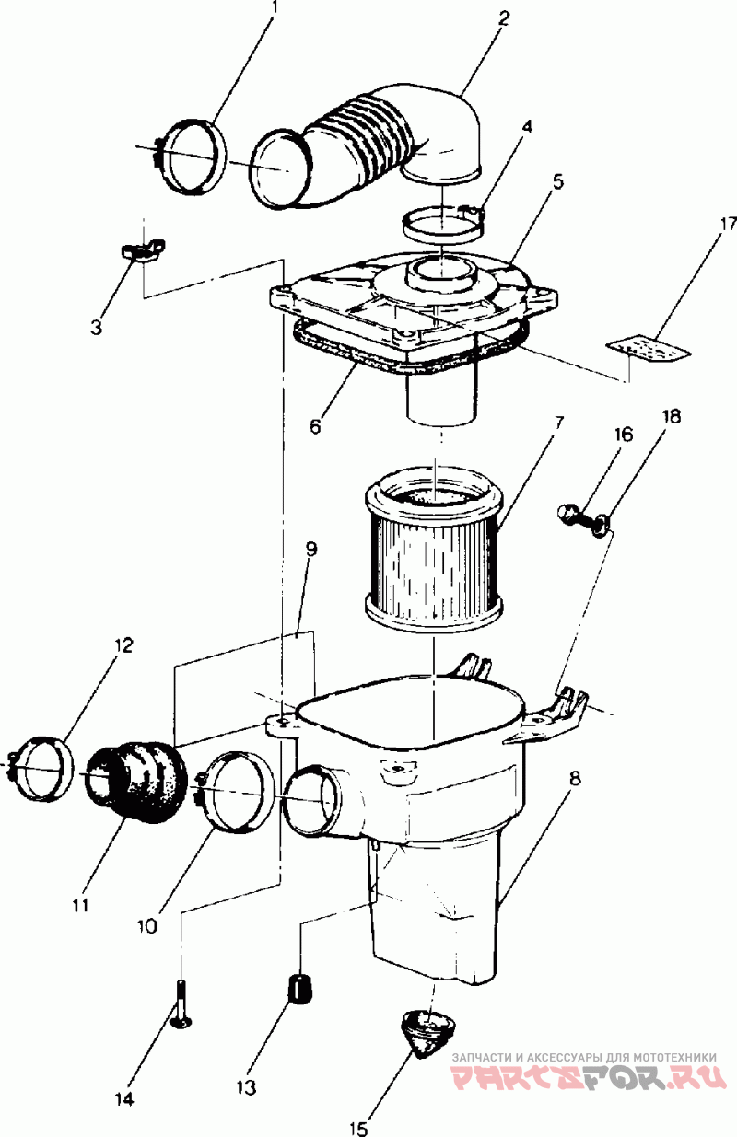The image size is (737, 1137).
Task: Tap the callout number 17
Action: [x=728, y=224]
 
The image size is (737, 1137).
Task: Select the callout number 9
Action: [x=311, y=550]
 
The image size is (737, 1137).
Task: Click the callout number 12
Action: [x=123, y=645]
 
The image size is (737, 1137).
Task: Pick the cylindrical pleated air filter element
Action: [x=433, y=552]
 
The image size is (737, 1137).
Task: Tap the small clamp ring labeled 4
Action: [x=444, y=222]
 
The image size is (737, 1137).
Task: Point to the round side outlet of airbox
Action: [x=311, y=798]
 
